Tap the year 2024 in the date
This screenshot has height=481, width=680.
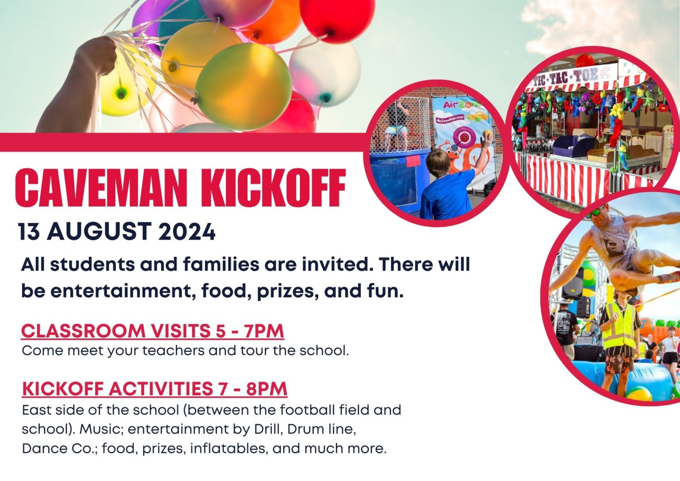click(x=187, y=231)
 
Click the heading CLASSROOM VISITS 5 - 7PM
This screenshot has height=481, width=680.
click(x=153, y=331)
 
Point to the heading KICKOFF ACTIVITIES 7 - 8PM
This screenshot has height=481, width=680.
click(x=155, y=389)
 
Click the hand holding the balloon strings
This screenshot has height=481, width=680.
click(x=100, y=54)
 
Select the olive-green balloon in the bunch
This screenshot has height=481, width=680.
click(x=243, y=86)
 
